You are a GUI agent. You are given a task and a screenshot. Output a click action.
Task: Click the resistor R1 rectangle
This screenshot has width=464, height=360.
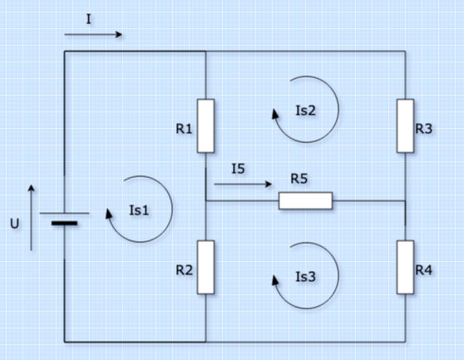tap(205, 126)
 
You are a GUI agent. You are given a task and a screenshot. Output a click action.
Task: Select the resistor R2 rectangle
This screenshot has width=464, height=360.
tap(205, 267)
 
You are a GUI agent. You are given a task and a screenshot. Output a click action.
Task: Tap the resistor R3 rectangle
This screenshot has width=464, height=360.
tap(405, 126)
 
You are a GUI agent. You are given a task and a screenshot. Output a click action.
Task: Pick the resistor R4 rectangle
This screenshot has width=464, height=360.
tap(405, 267)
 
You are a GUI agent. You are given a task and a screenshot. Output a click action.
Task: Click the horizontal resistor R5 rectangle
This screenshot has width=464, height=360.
tap(305, 200)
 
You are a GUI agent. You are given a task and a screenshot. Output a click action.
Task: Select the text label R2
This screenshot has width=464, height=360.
tap(184, 270)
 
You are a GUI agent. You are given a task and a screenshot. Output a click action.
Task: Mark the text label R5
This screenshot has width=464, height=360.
tap(299, 179)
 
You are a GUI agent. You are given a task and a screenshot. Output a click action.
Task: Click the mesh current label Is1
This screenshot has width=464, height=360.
tap(139, 210)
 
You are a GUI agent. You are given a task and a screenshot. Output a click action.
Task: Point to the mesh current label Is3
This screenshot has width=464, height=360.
tap(305, 276)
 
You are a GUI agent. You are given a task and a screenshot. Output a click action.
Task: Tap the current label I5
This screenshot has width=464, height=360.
tap(238, 169)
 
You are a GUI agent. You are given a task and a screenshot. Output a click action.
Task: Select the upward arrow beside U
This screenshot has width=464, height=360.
tap(32, 217)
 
